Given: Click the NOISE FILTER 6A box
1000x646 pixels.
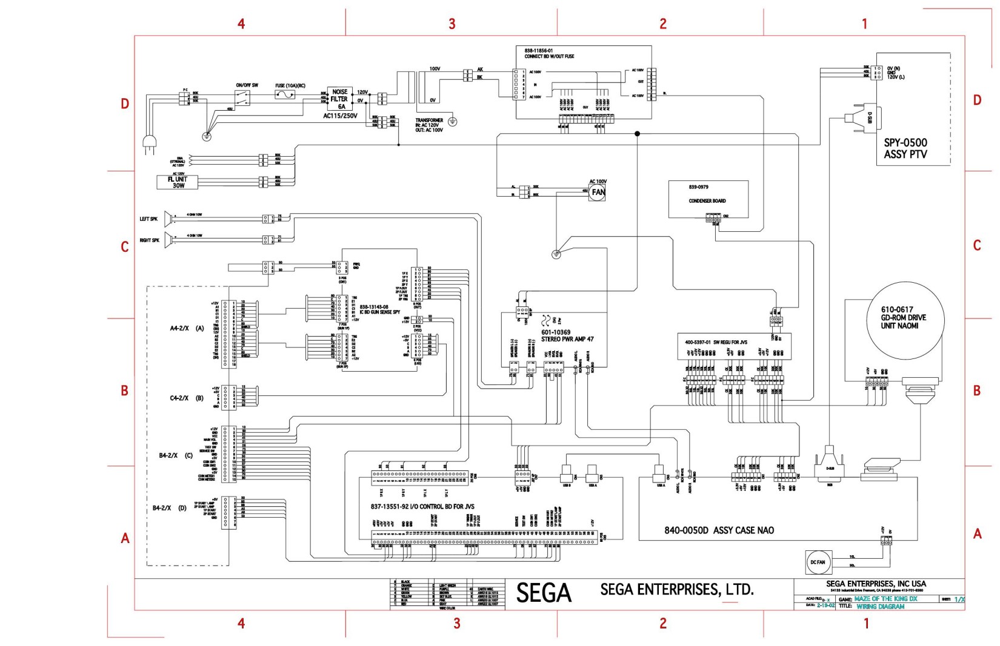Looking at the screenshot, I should (339, 99).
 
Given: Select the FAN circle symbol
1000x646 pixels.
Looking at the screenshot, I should (598, 193).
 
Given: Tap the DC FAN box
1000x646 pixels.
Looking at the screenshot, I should (818, 562).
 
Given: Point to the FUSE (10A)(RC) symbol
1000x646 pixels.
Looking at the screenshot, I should (285, 95).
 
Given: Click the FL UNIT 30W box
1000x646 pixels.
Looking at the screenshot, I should (178, 182).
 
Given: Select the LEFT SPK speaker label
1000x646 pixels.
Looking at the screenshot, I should (148, 219).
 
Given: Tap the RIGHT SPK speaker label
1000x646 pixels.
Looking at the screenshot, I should (149, 240).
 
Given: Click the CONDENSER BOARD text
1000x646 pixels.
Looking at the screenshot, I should (707, 201).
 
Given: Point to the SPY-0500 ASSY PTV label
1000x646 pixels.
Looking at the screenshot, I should (905, 148).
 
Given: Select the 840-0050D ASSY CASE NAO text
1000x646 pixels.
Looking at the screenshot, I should (719, 530).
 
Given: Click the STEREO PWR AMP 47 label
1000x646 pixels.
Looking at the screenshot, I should (567, 340).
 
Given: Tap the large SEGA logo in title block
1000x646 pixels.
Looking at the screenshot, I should (544, 593).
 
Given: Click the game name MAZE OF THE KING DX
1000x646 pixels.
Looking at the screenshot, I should (885, 599).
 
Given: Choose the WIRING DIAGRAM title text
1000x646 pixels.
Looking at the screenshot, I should (880, 606).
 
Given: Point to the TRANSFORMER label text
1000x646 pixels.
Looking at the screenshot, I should (429, 120).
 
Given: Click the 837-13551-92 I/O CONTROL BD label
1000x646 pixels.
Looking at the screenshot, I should (422, 506).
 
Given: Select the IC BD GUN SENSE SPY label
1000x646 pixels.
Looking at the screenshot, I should (379, 312).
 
